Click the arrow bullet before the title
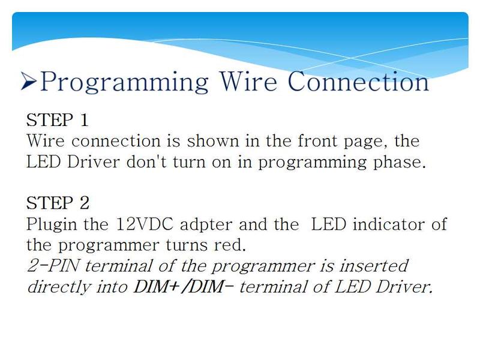29,81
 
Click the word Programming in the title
124,83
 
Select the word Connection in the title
358,82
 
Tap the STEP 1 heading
57,119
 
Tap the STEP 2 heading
58,203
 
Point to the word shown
213,141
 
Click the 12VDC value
145,224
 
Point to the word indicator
388,224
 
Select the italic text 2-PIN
53,266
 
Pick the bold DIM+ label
157,287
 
